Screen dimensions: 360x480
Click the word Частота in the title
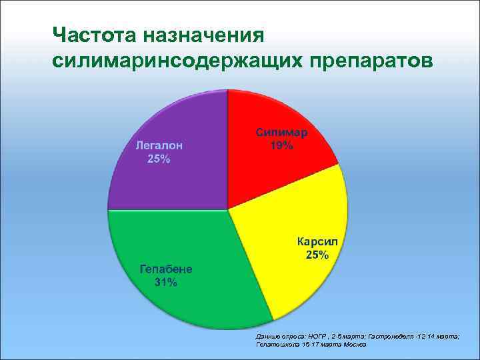(x=93, y=34)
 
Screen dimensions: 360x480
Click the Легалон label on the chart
(x=159, y=145)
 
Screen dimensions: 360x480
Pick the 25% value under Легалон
(x=159, y=159)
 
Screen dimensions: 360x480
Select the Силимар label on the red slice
(x=281, y=132)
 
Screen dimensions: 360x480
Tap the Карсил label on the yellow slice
(x=317, y=241)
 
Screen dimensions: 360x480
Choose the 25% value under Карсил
(x=317, y=255)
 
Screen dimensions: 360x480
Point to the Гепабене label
(x=165, y=269)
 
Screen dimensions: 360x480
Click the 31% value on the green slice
(x=165, y=283)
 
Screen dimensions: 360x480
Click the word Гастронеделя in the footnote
(x=386, y=337)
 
